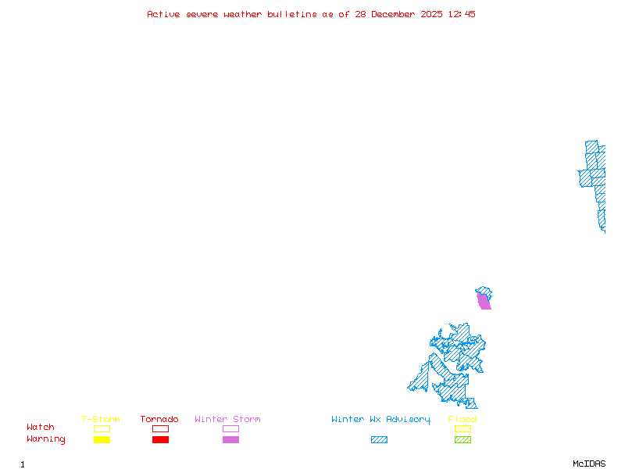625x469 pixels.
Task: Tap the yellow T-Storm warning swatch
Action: [x=102, y=440]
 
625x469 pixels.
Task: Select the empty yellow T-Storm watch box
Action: [x=102, y=428]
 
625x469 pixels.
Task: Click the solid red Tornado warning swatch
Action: [x=160, y=440]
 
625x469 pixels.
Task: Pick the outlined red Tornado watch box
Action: [x=160, y=428]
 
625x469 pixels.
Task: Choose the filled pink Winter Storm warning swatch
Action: [x=230, y=440]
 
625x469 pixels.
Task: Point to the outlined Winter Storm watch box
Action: [x=230, y=428]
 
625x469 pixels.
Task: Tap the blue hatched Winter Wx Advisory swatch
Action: [x=379, y=440]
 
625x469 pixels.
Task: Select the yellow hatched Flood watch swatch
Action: [x=462, y=428]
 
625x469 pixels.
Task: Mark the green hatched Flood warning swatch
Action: [x=462, y=440]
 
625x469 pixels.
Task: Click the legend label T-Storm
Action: [x=101, y=420]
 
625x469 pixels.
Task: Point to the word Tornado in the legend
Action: [x=159, y=420]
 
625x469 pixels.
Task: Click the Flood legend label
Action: [x=462, y=420]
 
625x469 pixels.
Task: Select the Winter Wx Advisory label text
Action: [x=380, y=420]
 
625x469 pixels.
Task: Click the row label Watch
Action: [x=41, y=428]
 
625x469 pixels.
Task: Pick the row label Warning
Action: [x=46, y=439]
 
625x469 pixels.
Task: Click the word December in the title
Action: [x=395, y=14]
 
